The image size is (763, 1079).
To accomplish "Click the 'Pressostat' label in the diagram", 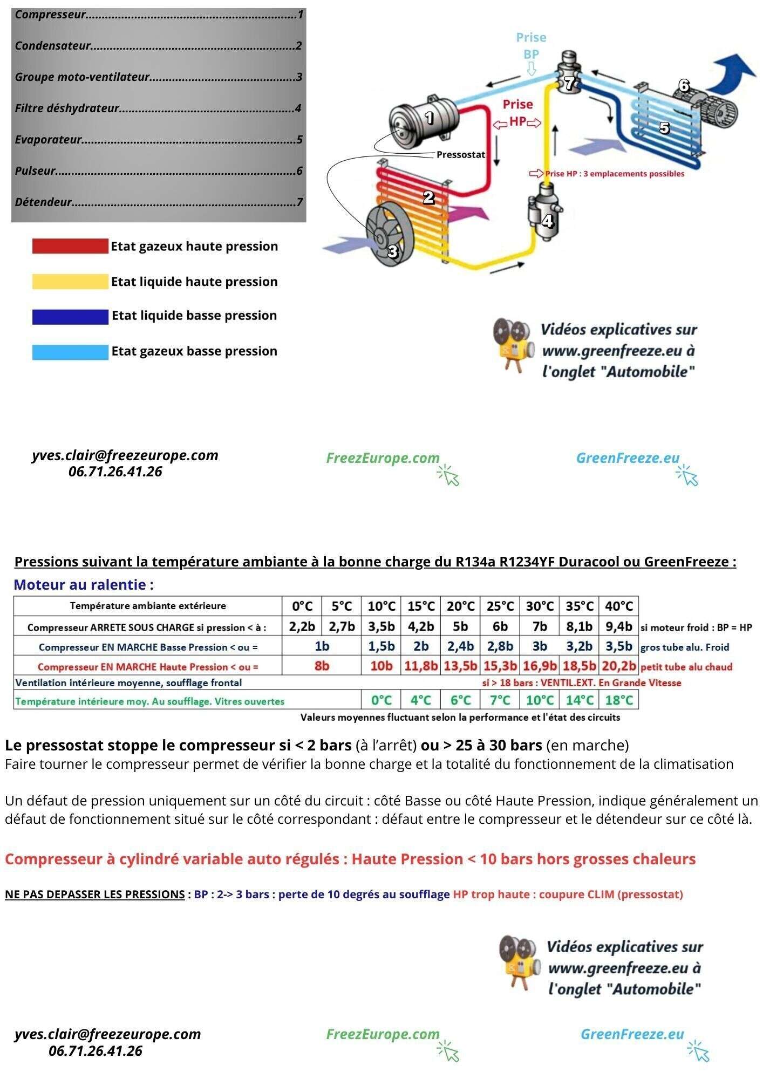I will click(x=460, y=155).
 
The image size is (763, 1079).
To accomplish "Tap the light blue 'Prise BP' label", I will click(x=531, y=45).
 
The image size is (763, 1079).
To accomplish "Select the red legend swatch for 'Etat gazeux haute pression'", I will click(x=70, y=247).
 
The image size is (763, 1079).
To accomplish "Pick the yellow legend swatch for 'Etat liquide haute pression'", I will click(x=70, y=282).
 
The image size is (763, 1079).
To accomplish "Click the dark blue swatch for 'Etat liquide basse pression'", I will click(x=70, y=317).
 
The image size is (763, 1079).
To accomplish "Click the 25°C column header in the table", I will click(x=500, y=606).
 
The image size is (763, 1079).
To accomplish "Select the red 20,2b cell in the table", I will click(x=619, y=666).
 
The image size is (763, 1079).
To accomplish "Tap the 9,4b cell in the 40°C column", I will click(x=619, y=627).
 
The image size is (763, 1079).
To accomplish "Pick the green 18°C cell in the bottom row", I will click(x=619, y=700).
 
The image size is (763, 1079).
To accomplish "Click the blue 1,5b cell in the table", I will click(x=381, y=646).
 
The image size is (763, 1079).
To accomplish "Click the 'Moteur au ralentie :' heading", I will click(x=84, y=585).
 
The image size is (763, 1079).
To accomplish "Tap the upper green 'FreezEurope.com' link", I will click(x=383, y=458).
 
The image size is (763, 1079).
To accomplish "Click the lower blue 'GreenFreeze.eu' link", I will click(x=632, y=1034).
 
